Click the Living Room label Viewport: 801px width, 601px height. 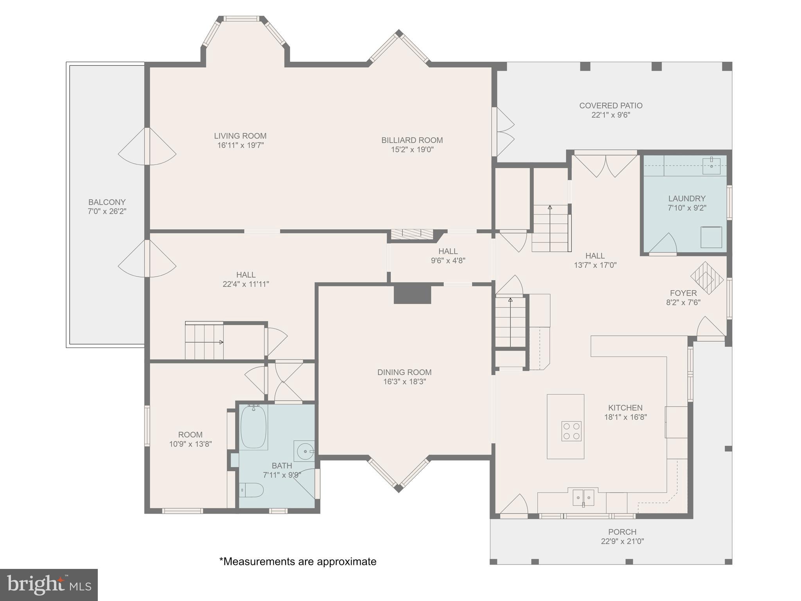[x=240, y=136]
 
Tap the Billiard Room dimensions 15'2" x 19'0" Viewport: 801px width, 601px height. [x=412, y=149]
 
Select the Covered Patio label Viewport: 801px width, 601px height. [x=611, y=106]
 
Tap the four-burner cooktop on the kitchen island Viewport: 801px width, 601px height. [x=571, y=431]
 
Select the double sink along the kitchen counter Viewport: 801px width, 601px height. [x=583, y=497]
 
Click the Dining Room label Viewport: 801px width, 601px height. [x=404, y=372]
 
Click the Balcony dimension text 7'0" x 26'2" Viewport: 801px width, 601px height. [x=107, y=212]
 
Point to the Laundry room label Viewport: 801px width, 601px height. [x=687, y=198]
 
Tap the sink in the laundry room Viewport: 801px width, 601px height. [x=711, y=166]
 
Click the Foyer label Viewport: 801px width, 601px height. [x=683, y=293]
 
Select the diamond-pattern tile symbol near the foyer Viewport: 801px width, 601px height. [x=707, y=278]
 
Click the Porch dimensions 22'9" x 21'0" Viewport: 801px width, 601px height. [x=622, y=542]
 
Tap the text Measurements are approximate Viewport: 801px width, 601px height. [x=298, y=561]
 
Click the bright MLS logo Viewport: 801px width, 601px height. [x=49, y=585]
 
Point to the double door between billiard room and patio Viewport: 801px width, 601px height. [x=504, y=132]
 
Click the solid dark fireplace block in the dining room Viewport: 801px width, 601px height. [x=412, y=294]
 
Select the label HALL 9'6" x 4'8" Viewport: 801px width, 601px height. [x=448, y=256]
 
